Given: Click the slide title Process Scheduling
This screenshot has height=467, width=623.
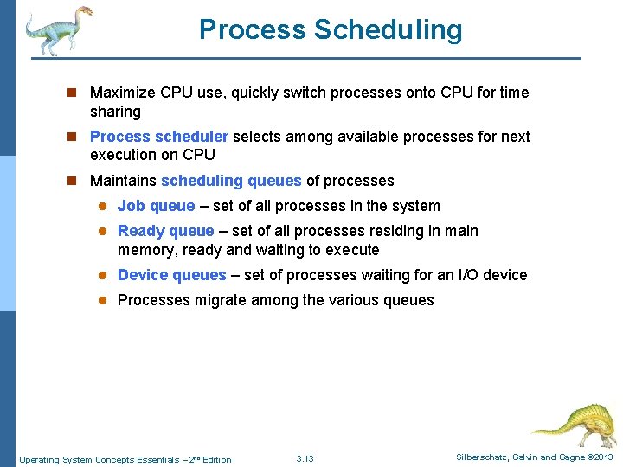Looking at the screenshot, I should [x=331, y=29].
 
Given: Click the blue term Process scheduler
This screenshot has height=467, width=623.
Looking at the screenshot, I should [x=159, y=137].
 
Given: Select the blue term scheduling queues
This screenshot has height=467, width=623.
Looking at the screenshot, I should [x=231, y=181].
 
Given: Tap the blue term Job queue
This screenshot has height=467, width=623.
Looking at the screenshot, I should [x=156, y=206].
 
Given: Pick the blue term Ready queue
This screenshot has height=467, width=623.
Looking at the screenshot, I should [x=165, y=231].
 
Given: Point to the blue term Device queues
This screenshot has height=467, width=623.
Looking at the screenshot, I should [x=171, y=275].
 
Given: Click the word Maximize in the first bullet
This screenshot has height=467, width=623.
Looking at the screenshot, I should [x=122, y=93].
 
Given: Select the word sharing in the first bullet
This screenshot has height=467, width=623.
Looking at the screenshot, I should [x=115, y=112].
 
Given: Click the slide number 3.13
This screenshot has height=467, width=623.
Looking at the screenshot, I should [x=305, y=459].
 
